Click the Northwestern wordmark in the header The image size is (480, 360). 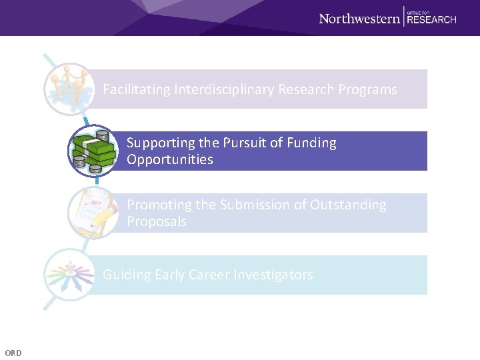tap(359, 19)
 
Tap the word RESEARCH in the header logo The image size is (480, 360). tap(431, 20)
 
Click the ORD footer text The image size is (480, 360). tap(13, 353)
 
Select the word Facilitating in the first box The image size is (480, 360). tap(137, 89)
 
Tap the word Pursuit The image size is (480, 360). tap(240, 143)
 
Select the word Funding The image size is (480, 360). tap(311, 143)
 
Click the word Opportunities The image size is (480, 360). tap(170, 159)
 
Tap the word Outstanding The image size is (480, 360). tap(348, 205)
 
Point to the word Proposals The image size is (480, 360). tap(157, 221)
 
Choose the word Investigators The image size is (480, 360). tap(275, 275)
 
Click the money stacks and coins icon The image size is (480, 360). tap(93, 151)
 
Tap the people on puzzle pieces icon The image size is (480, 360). tap(67, 89)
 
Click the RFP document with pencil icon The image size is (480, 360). tap(93, 213)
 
